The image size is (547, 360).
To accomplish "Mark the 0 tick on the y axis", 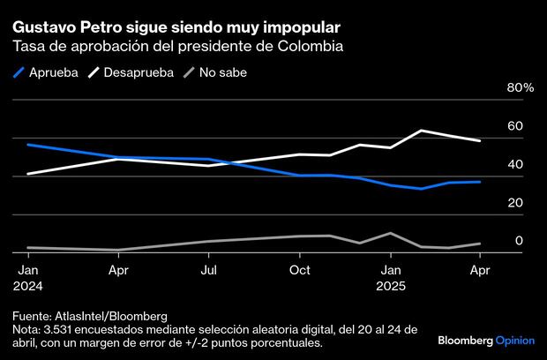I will click(518, 240).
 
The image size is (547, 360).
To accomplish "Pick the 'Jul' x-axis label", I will click(209, 269).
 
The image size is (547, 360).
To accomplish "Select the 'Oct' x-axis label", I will click(301, 269).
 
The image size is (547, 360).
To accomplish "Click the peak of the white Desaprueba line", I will click(421, 131).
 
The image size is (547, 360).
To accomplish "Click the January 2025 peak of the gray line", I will click(390, 233).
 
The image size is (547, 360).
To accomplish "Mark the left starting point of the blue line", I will click(27, 144).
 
